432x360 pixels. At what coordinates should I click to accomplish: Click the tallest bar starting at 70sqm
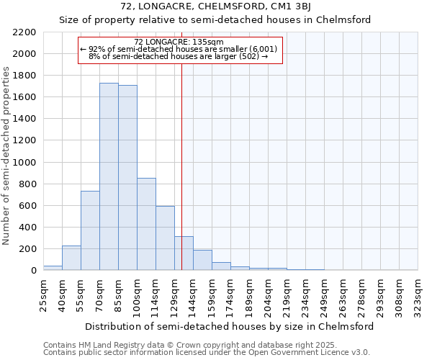109,176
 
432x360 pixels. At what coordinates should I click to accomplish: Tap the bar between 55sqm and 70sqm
90,230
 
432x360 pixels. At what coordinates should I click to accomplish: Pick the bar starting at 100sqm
146,224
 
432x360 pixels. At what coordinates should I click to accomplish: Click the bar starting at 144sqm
202,260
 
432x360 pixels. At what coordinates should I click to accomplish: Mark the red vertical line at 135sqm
182,166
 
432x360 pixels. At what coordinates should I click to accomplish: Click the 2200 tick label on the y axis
24,32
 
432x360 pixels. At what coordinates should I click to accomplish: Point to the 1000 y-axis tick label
24,163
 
